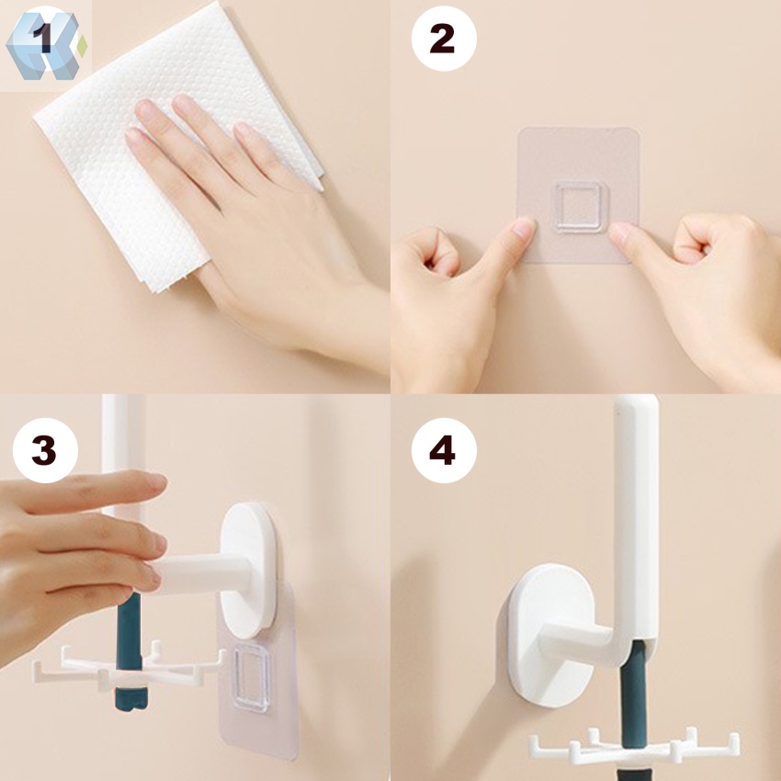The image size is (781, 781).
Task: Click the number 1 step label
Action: point(43,38)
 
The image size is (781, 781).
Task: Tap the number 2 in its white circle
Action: point(442,39)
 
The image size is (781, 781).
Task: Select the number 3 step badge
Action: point(44,450)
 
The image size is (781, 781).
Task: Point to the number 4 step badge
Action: point(443,450)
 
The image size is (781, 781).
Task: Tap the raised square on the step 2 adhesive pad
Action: point(582,208)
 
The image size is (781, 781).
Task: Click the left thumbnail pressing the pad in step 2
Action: point(524,228)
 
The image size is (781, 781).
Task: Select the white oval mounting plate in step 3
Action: point(248,570)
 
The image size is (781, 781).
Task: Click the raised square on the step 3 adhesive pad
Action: point(252,677)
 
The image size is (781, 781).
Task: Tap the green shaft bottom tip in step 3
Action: point(131,703)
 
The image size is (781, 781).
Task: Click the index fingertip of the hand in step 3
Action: point(158,481)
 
